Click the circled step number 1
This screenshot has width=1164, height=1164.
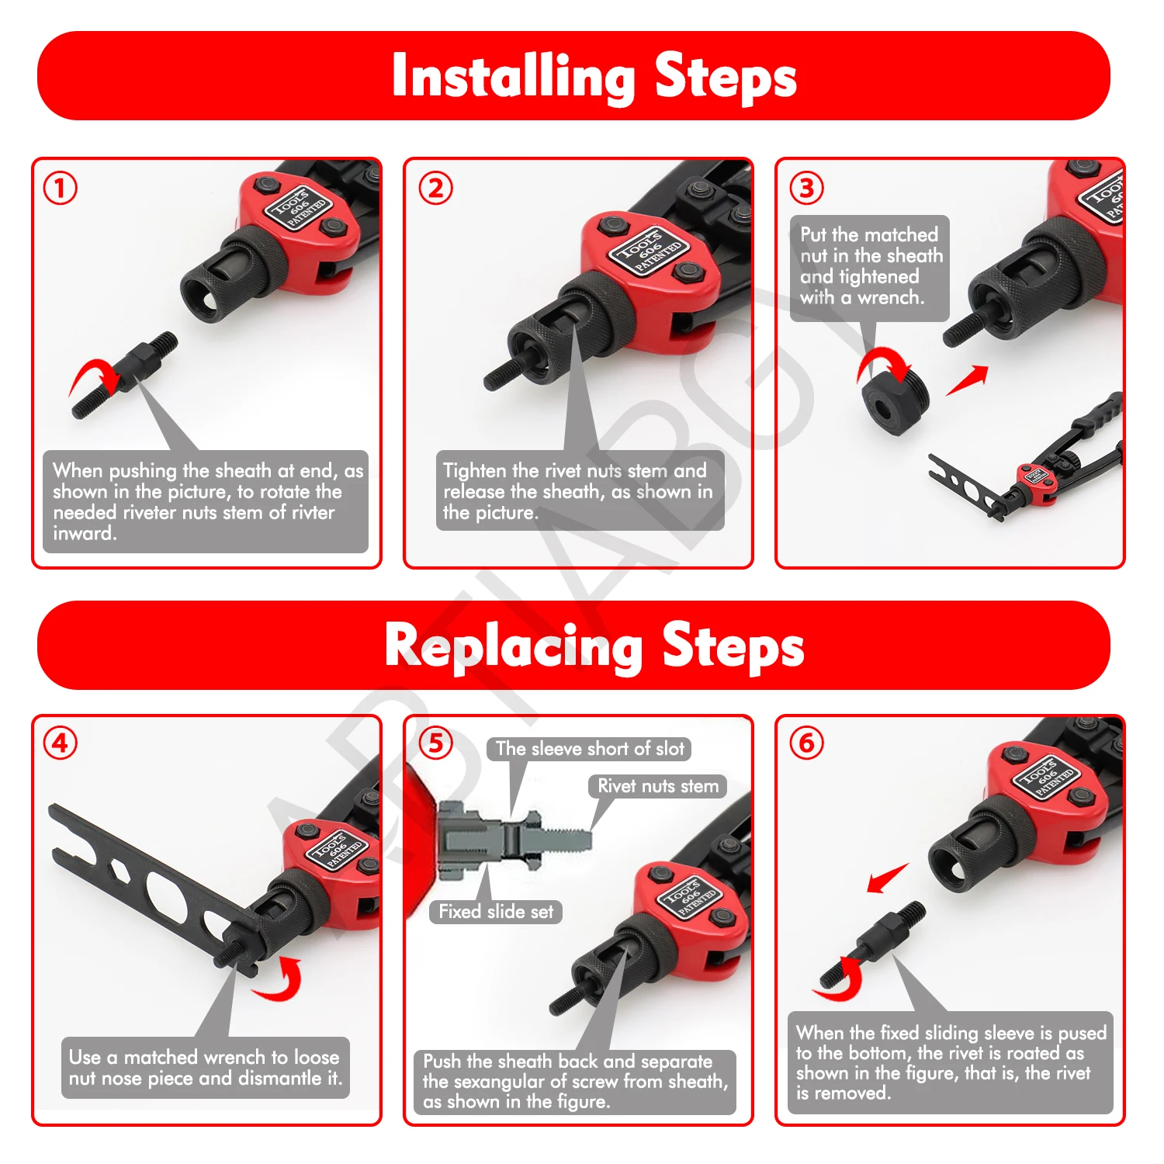(x=61, y=189)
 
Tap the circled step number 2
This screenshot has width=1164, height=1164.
(x=435, y=189)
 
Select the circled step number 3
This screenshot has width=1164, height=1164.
(x=806, y=188)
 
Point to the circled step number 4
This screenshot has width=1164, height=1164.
(x=61, y=743)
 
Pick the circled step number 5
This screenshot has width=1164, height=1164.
(x=435, y=743)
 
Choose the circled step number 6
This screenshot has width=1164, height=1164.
(x=806, y=743)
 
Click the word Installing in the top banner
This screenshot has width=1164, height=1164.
(x=514, y=76)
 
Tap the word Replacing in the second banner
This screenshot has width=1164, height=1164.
(x=514, y=646)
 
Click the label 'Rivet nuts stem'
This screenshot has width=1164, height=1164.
(x=658, y=786)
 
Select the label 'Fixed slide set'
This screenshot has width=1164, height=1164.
(x=496, y=912)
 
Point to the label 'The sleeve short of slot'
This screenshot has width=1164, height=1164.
(x=590, y=749)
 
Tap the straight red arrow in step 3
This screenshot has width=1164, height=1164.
(x=968, y=379)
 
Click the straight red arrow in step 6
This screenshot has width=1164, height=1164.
(x=888, y=878)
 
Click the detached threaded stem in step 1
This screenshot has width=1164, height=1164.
(x=124, y=376)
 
